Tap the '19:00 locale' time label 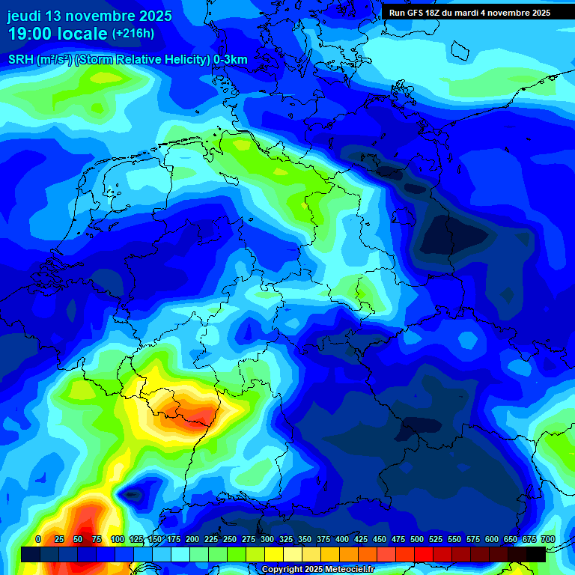pyautogui.click(x=58, y=34)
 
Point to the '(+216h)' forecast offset pyautogui.click(x=133, y=34)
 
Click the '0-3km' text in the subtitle pyautogui.click(x=231, y=60)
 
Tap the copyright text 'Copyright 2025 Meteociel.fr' pyautogui.click(x=317, y=570)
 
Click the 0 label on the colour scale pyautogui.click(x=38, y=539)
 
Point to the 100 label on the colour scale pyautogui.click(x=118, y=539)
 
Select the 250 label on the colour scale pyautogui.click(x=230, y=539)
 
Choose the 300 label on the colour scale pyautogui.click(x=267, y=539)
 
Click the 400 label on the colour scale pyautogui.click(x=342, y=539)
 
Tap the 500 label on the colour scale pyautogui.click(x=417, y=539)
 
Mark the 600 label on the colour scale pyautogui.click(x=492, y=539)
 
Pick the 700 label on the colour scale pyautogui.click(x=547, y=539)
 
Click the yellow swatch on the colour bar pyautogui.click(x=274, y=554)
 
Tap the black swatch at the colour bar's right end pyautogui.click(x=536, y=554)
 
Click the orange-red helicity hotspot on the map pyautogui.click(x=198, y=414)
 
